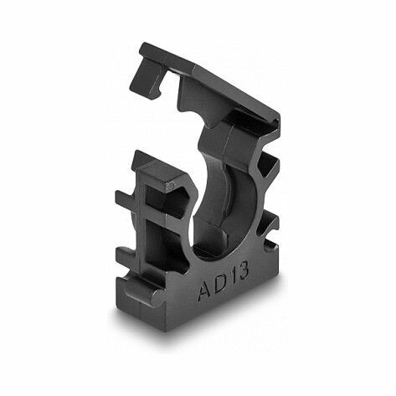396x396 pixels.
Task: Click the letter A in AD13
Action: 206,291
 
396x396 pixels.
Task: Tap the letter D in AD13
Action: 221,283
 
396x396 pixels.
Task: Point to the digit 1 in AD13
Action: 233,277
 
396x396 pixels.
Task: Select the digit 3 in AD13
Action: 243,271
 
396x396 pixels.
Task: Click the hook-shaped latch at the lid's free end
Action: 149,75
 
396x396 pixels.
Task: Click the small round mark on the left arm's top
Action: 172,185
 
